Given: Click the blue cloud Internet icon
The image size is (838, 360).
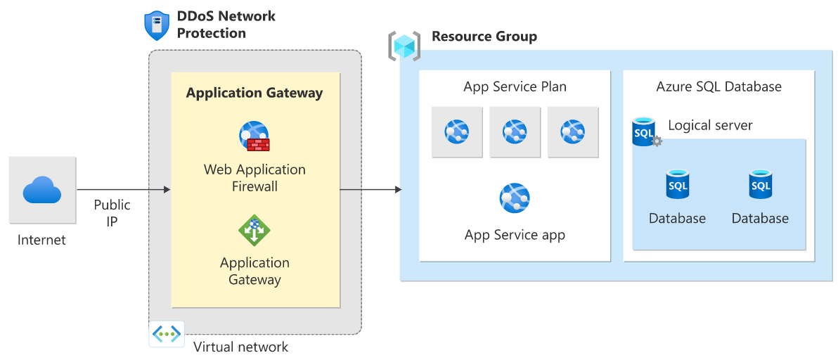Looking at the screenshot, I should [42, 190].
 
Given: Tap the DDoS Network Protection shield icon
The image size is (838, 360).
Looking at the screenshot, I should [155, 25].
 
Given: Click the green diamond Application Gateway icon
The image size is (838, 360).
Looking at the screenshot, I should [254, 231].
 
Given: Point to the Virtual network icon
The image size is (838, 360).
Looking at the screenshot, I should [167, 334].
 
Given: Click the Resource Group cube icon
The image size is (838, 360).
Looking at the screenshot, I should [404, 46].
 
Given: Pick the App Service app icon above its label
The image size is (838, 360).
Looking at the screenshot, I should [515, 198].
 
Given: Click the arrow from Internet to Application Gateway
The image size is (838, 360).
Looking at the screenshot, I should [123, 190].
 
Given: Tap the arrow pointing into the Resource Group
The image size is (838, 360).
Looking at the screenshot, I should [370, 190].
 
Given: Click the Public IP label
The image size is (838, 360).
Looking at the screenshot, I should [112, 213].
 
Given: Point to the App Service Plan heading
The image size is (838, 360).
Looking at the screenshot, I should [515, 87].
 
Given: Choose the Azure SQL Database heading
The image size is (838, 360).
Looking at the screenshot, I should [718, 87].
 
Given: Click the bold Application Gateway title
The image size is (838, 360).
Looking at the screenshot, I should [254, 93].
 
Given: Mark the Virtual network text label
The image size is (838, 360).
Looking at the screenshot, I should [240, 347].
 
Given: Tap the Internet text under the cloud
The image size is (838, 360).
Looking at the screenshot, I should [42, 240].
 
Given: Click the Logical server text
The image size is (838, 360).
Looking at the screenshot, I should [710, 126].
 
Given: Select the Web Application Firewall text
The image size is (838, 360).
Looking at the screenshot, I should [254, 178].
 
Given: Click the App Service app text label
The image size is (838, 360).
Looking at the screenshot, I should [515, 236].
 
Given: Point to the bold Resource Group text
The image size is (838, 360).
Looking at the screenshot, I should [484, 37].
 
